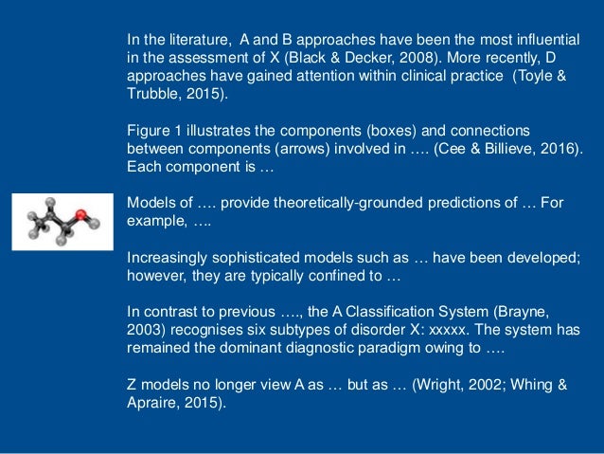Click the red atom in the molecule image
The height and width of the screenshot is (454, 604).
82,213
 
